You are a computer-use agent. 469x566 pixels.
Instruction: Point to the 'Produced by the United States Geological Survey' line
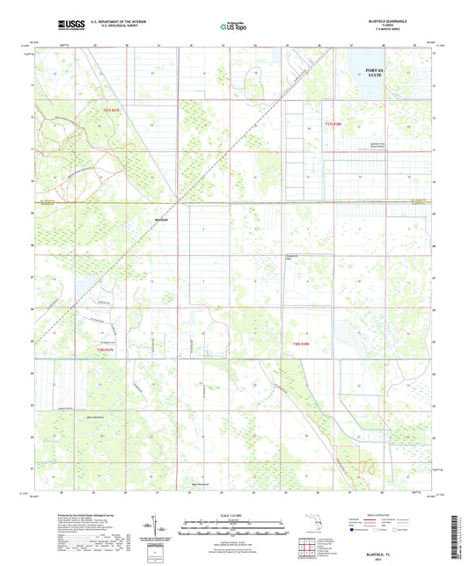click(x=70, y=512)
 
